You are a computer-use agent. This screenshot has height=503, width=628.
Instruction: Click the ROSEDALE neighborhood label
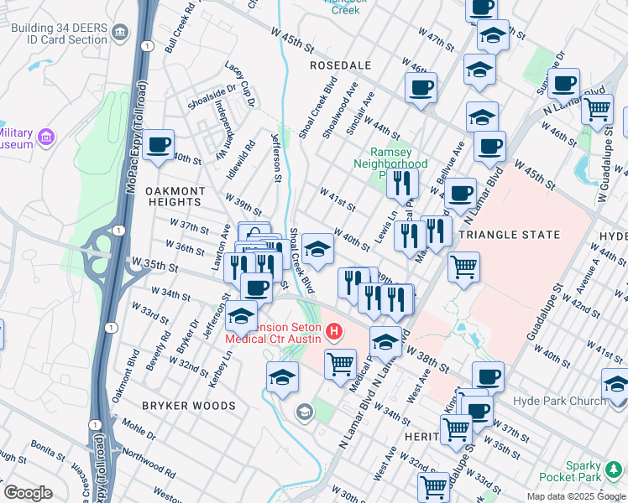coord(340,65)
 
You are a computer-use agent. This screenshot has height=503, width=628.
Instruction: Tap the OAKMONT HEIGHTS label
coord(174,196)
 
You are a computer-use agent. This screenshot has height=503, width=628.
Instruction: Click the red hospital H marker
coord(335,333)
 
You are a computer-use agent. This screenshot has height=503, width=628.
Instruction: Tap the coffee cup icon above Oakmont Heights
coord(158,146)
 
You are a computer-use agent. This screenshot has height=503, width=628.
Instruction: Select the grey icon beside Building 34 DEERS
coord(119,34)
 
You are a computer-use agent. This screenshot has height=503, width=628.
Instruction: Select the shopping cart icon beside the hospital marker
coord(340,364)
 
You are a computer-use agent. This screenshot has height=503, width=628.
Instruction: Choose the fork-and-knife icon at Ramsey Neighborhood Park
coord(403,182)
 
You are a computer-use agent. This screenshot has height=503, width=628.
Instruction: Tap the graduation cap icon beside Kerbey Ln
coord(242,316)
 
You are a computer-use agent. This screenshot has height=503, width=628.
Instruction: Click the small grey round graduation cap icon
coord(304,411)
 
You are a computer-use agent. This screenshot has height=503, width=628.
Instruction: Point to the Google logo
coord(29,493)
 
